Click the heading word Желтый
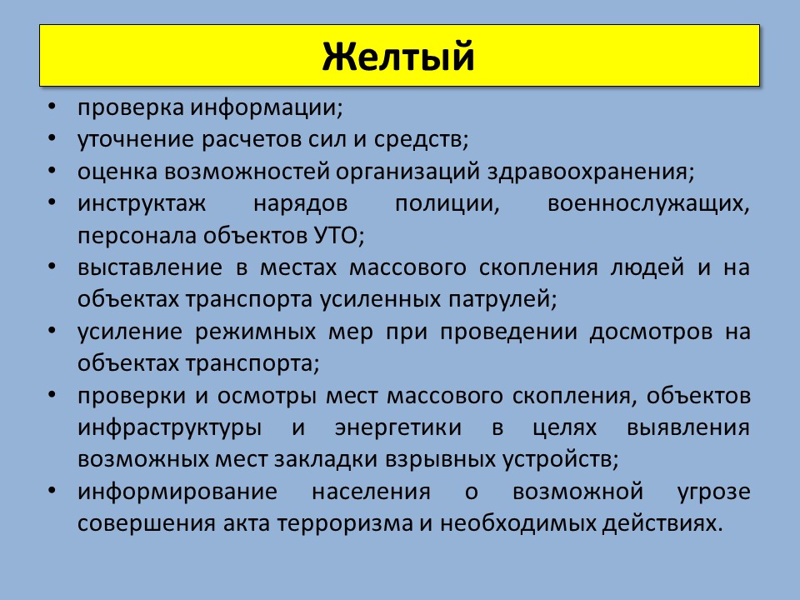click(398, 56)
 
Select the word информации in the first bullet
click(267, 108)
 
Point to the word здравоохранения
click(591, 172)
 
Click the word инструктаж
click(142, 204)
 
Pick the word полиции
click(447, 204)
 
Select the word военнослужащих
click(648, 204)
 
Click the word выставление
click(150, 267)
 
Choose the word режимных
click(256, 332)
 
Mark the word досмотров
click(651, 332)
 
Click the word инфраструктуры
click(170, 427)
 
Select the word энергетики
click(398, 427)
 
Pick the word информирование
click(177, 492)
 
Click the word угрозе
click(714, 492)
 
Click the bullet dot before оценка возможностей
click(52, 172)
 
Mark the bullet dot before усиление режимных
click(52, 331)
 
